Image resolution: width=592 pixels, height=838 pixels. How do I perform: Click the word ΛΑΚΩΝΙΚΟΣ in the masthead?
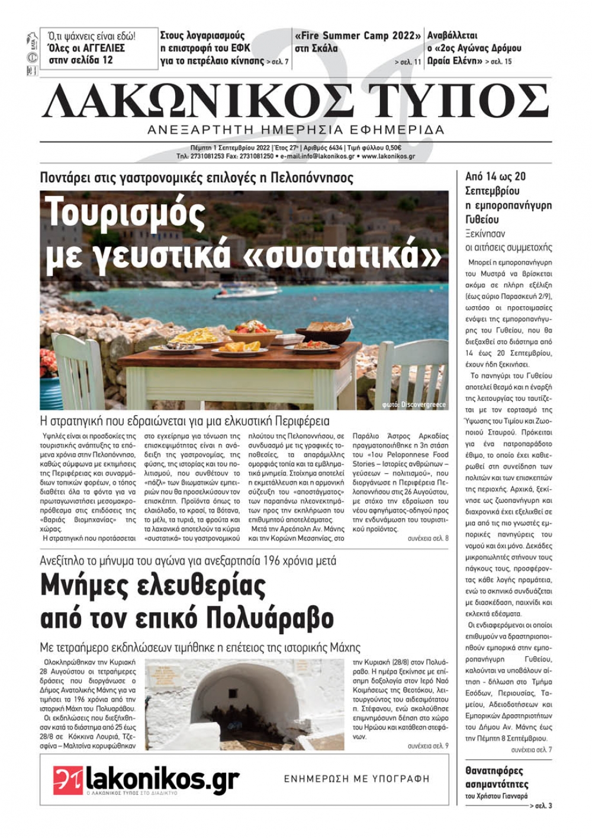tap(198, 100)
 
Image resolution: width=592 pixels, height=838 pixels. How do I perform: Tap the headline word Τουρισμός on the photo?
tap(125, 213)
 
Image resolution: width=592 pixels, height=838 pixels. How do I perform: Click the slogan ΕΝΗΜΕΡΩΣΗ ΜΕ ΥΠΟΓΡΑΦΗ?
tap(356, 779)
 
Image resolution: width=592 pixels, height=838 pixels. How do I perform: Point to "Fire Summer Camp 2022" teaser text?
tap(358, 36)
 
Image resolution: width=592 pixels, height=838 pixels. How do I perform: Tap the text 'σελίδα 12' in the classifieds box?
tap(91, 60)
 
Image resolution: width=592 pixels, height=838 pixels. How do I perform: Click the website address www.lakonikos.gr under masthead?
tap(388, 156)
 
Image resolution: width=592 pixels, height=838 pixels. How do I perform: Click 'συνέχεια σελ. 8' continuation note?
tap(427, 539)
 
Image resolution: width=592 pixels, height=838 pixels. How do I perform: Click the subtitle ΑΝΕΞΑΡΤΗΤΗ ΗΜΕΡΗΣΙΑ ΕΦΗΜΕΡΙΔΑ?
tap(295, 130)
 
